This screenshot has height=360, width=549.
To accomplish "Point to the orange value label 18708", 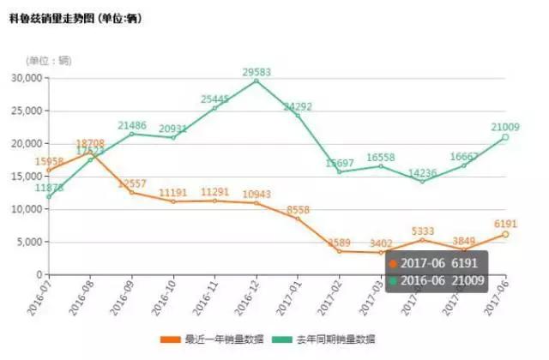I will pos(90,143).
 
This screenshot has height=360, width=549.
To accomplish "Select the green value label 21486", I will pos(132,125).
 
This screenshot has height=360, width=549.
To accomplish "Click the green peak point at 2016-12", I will pos(256,81).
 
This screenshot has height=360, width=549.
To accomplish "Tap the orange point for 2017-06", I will pos(506,234).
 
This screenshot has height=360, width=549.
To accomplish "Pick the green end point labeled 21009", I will pos(506,137).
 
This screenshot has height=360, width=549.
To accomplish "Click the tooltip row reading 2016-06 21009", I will pos(437,279).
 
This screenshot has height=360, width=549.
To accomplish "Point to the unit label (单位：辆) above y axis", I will pos(49,60).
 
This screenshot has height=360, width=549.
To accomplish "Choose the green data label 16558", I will pos(380,158).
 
